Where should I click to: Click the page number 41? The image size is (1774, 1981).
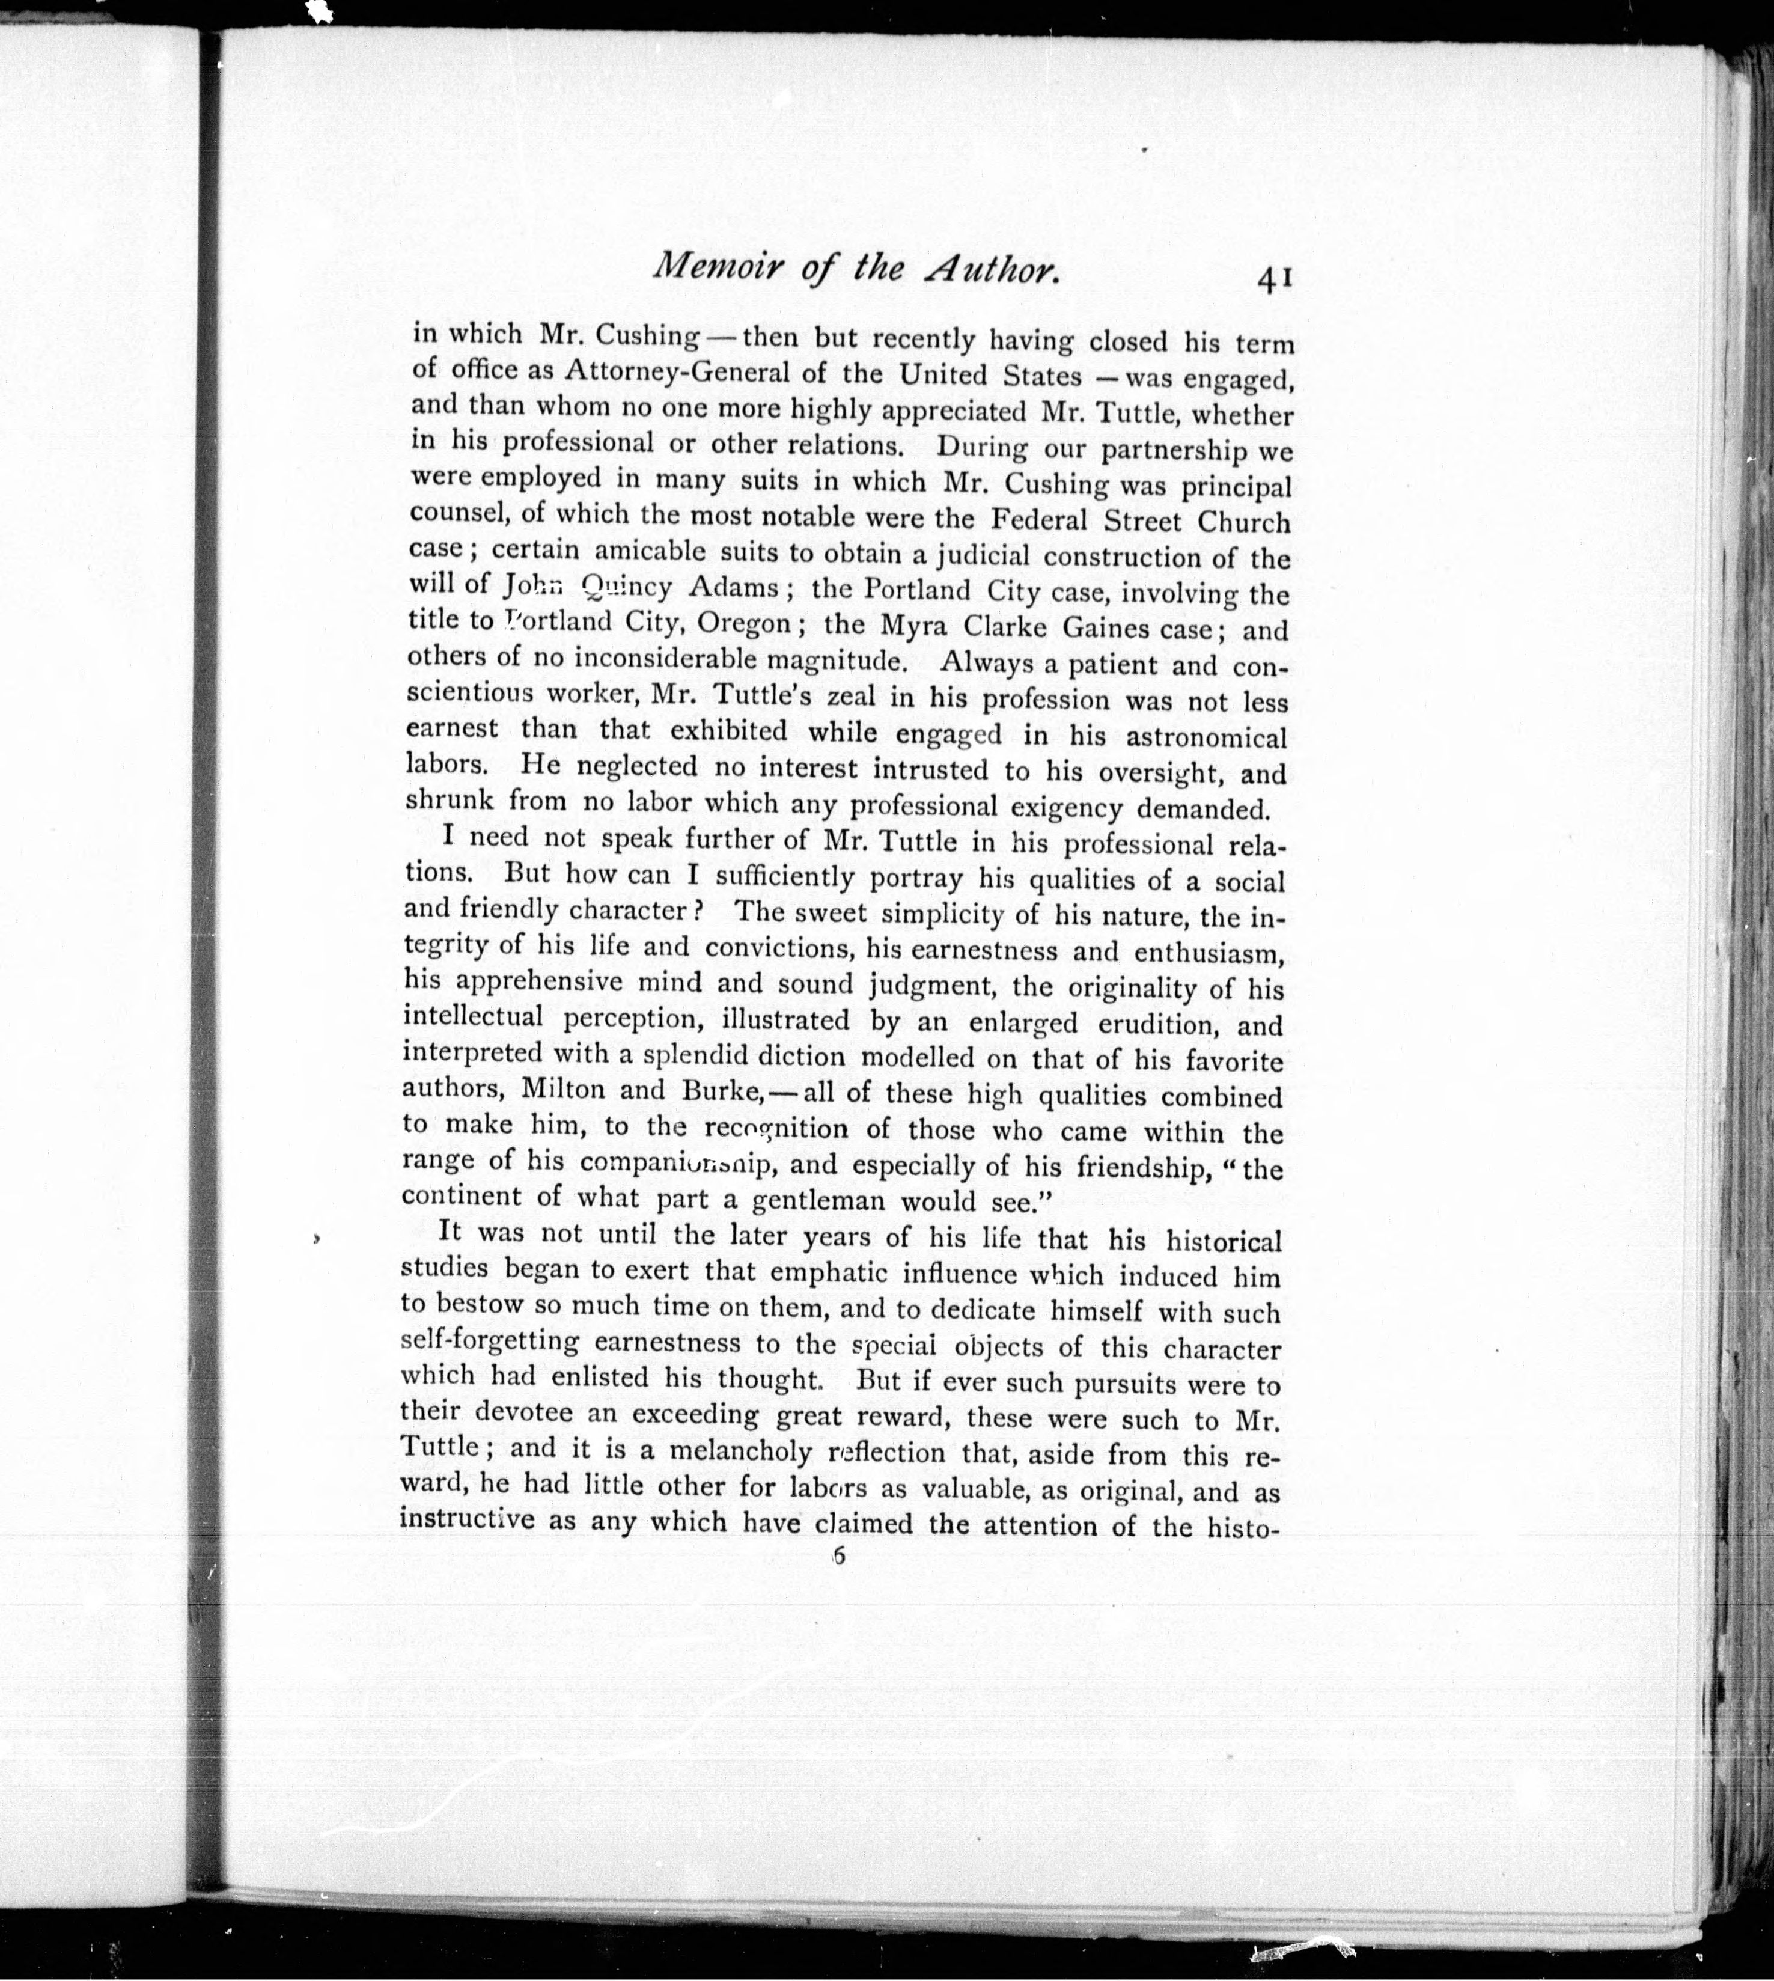click(1274, 280)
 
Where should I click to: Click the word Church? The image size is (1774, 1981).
click(1243, 522)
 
